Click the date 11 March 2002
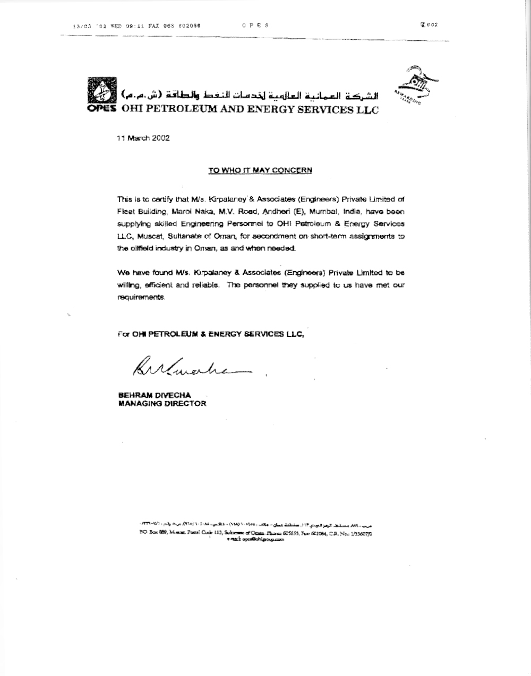[x=143, y=138]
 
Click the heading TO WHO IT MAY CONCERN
[x=260, y=170]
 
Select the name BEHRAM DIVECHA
[x=155, y=395]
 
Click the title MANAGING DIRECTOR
[x=162, y=404]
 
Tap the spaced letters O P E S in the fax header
[x=255, y=25]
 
